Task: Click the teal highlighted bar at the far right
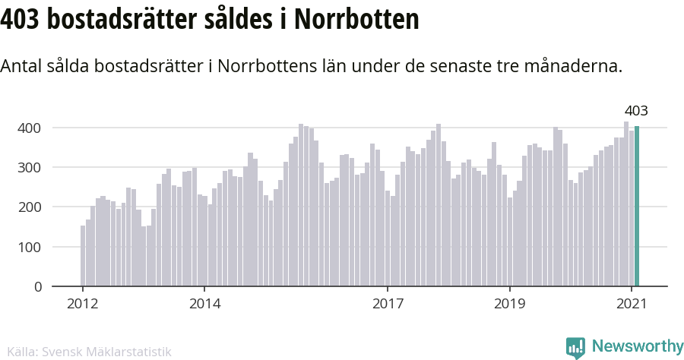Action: tap(637, 207)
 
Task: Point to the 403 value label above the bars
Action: tap(635, 111)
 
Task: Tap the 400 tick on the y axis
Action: tap(30, 128)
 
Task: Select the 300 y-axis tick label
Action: tap(30, 167)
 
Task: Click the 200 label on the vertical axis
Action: tap(30, 207)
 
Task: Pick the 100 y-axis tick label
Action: tap(30, 247)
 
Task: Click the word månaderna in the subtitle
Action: tap(578, 66)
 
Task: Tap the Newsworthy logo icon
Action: tap(576, 347)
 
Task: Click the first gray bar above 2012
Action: tap(83, 256)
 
